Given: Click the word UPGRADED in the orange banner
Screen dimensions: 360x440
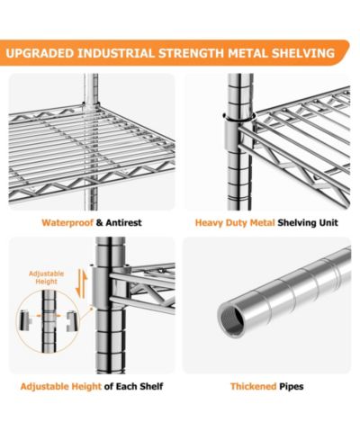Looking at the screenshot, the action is point(40,53).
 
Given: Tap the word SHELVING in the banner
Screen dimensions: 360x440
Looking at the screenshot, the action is point(303,53).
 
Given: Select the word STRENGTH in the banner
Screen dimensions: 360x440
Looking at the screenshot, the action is point(192,53).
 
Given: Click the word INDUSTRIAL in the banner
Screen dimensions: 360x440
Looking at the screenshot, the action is point(116,53).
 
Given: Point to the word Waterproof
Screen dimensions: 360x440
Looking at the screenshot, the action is point(67,223).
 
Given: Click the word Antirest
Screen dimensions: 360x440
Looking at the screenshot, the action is point(123,223).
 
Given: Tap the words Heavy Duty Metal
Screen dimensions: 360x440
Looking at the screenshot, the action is point(235,223).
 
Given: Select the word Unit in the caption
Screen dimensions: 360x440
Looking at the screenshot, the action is point(329,223).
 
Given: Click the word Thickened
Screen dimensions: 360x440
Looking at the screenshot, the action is point(254,386).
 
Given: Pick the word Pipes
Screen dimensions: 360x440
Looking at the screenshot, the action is point(292,387).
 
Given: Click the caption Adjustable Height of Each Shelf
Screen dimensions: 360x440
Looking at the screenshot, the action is point(92,386).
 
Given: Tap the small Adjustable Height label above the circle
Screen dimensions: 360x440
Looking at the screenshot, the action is point(46,277).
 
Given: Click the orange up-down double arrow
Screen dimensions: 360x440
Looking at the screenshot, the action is point(81,283).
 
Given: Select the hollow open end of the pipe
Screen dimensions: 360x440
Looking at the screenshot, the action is point(231,319).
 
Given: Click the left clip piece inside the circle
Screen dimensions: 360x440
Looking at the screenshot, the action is point(25,321).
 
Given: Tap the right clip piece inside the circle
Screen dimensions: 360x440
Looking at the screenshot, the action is point(71,321).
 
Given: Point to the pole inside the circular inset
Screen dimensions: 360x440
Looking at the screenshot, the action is point(49,321).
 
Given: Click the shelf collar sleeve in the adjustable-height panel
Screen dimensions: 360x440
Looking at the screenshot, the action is point(100,288).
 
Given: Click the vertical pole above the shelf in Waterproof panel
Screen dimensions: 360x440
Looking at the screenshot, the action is point(91,88).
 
